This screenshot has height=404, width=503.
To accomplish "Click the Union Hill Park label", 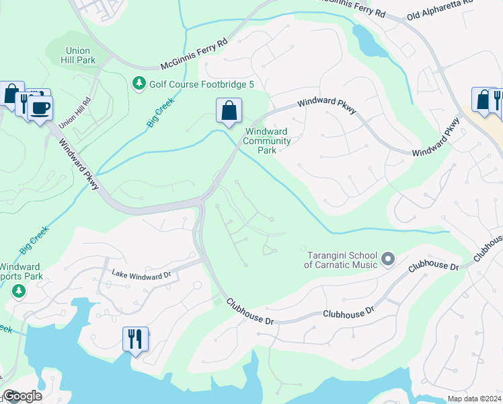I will tap(81, 55).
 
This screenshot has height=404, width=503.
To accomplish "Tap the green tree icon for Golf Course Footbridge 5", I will tap(139, 83).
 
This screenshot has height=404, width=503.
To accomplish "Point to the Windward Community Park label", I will tap(267, 141).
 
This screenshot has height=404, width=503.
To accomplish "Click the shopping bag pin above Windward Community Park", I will tap(229, 110).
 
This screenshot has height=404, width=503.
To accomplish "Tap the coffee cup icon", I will tap(40, 108).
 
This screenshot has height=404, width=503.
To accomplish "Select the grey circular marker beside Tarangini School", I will tap(387, 259).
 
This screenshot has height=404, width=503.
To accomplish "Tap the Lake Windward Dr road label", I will tap(142, 276).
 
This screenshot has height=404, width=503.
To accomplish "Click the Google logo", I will tap(22, 396).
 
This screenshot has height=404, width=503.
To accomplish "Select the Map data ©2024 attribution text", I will tap(475, 398).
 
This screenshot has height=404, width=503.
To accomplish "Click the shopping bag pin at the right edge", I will tap(483, 100).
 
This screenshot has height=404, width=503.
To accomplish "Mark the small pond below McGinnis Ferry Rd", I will tap(368, 42).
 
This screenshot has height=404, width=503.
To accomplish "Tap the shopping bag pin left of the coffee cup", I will tap(11, 94).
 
